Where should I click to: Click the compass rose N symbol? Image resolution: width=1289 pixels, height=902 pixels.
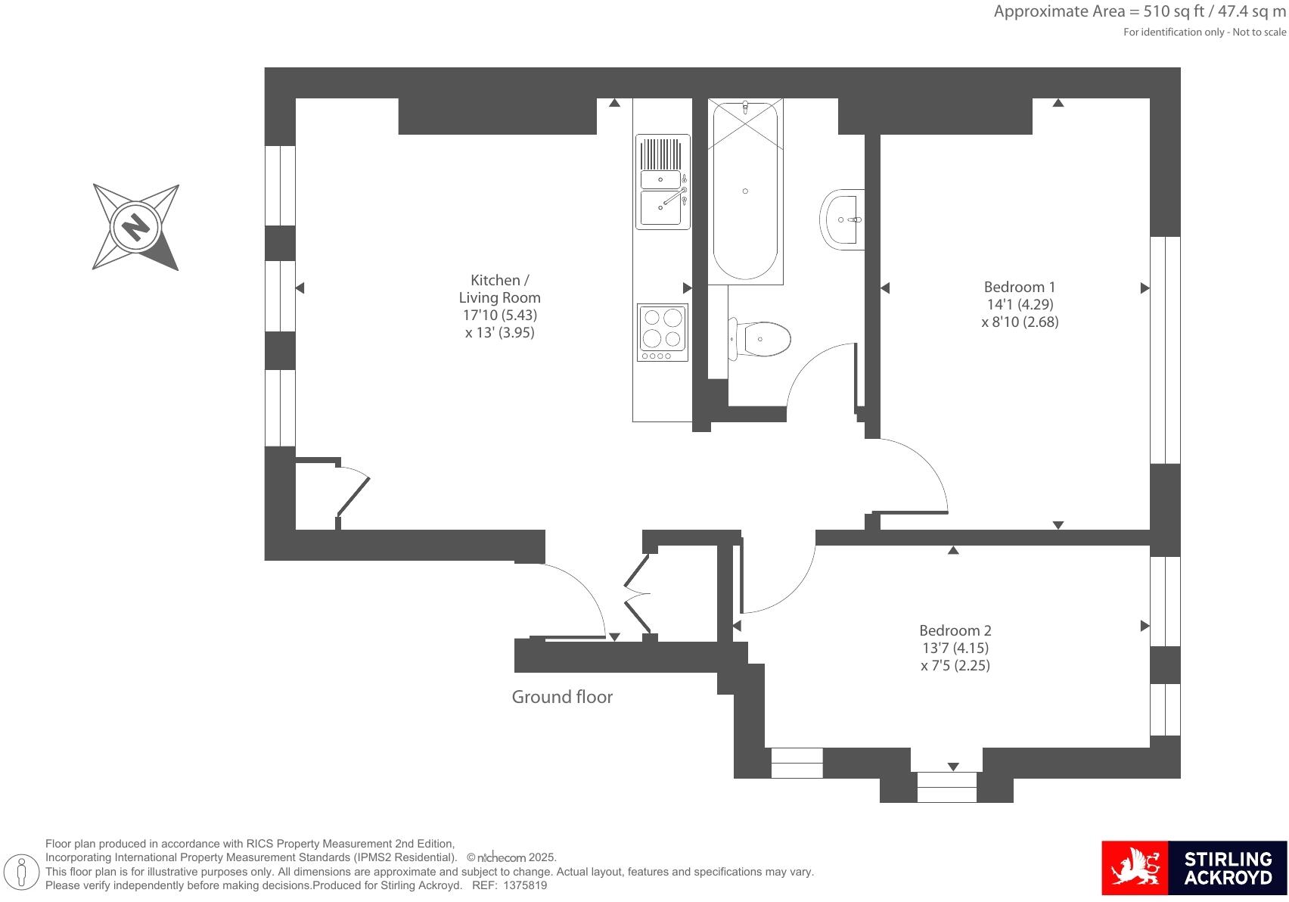point(136,227)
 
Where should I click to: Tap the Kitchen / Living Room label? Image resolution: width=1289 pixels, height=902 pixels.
point(499,288)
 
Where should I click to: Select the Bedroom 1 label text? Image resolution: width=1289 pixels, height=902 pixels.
point(1019,287)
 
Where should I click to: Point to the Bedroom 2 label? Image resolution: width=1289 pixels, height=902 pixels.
point(955,630)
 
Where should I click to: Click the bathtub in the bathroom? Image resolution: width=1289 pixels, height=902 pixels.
point(745,191)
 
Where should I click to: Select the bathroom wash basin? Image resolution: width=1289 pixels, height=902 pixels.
point(843,219)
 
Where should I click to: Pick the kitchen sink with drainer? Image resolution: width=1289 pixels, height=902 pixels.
point(663,182)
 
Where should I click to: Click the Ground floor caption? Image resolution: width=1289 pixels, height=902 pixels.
point(562,697)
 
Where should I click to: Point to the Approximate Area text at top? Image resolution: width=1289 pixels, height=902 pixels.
point(1139,11)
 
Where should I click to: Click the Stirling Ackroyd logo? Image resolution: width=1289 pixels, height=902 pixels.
point(1194,867)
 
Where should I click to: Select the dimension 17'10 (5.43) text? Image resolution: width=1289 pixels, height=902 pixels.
point(499,315)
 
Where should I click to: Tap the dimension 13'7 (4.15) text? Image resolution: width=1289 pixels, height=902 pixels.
point(955,648)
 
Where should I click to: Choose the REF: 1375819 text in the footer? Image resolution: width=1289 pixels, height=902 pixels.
point(509,885)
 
